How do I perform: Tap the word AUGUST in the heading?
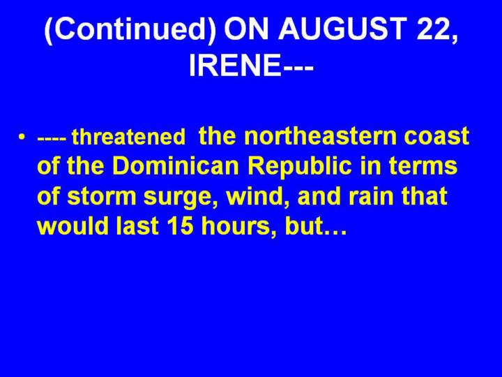(x=342, y=28)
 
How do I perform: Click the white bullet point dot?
(x=21, y=136)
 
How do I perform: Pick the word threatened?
(x=129, y=137)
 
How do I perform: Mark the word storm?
(x=102, y=196)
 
